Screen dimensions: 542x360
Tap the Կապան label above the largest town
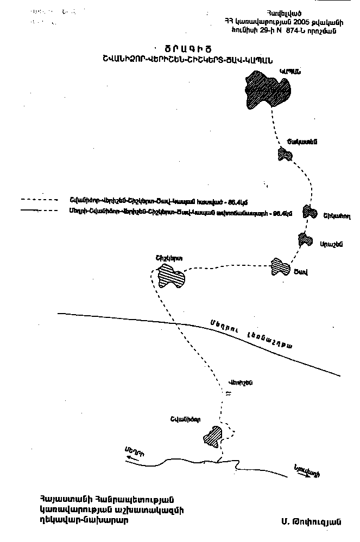pos(290,71)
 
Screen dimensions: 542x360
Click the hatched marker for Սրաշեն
pos(306,239)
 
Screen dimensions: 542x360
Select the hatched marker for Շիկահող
pos(310,211)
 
